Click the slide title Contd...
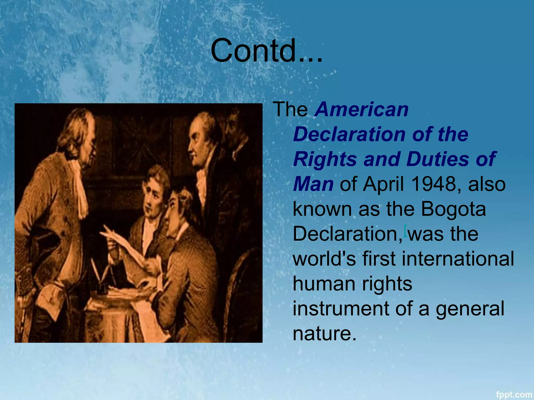(266, 51)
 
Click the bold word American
(362, 109)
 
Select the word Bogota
(453, 209)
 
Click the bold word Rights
(325, 159)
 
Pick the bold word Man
(313, 184)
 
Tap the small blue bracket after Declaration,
(405, 230)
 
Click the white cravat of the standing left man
(80, 187)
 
